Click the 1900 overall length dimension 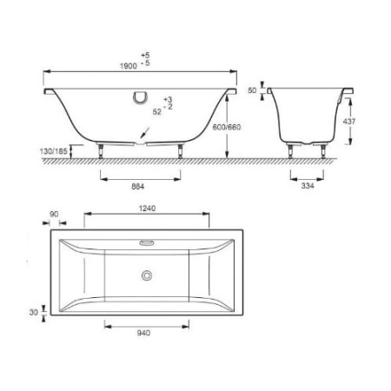click(129, 66)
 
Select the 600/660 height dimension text click(227, 127)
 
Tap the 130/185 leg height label click(53, 151)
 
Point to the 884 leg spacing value click(138, 187)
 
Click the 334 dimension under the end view click(308, 186)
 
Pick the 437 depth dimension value click(349, 122)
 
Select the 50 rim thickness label click(252, 90)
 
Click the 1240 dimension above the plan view click(147, 209)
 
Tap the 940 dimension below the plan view click(143, 333)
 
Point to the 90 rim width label click(54, 214)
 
